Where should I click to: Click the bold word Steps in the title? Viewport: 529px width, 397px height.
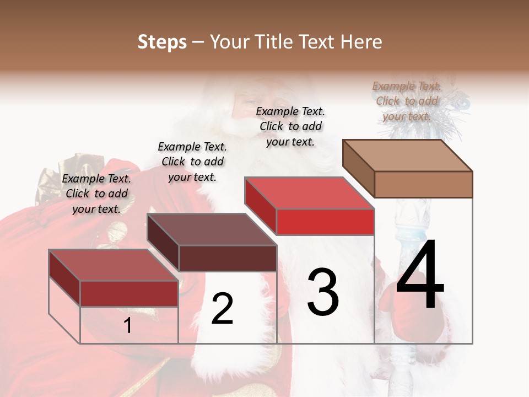tap(162, 42)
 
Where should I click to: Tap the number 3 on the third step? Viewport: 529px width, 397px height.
tap(322, 292)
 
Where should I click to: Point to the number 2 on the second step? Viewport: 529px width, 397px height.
tap(222, 308)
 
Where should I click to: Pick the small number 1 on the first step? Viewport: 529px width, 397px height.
tap(128, 325)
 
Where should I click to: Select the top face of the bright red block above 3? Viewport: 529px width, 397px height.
tap(310, 193)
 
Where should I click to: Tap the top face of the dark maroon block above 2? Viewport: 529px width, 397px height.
tap(212, 229)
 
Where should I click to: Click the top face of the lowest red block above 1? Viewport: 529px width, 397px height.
tap(114, 265)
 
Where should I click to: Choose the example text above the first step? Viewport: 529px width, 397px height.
tap(96, 194)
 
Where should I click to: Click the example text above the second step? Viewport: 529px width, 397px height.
tap(192, 162)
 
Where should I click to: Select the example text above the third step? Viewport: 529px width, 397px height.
tap(290, 126)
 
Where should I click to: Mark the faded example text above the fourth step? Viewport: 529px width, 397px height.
tap(407, 101)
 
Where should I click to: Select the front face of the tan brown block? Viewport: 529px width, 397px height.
tap(423, 184)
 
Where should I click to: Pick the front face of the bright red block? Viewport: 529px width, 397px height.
tap(325, 222)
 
